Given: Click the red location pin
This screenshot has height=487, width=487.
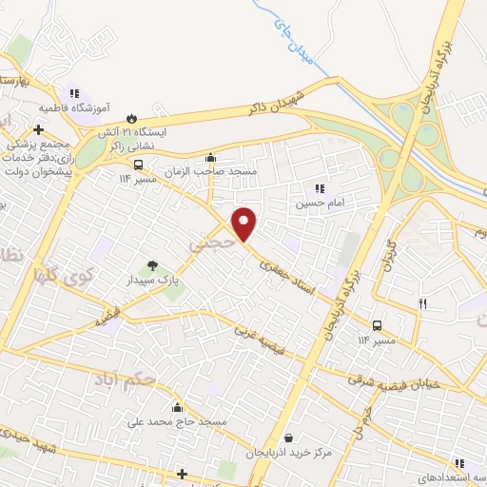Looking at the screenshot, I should pos(245,223).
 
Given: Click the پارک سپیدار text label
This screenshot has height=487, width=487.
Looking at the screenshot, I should pos(154,282).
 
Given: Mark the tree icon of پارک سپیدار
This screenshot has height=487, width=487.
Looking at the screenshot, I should pos(152,265).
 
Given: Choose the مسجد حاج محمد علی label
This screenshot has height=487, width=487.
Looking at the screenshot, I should pos(180,419).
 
